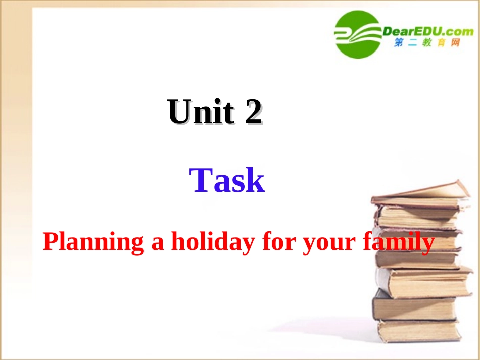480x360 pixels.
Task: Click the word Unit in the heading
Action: [201, 112]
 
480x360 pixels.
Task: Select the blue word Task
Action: [227, 181]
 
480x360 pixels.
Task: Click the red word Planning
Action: [93, 242]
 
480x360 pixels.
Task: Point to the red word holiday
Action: [212, 242]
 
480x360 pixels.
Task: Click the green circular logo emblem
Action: [357, 34]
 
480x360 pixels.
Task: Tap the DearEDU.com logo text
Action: [427, 31]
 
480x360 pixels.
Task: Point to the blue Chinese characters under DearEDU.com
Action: [427, 44]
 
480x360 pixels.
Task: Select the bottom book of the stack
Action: [419, 330]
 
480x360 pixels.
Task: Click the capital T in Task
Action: [201, 181]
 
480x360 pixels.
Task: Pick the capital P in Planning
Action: [51, 242]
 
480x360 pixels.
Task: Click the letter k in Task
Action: [255, 181]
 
